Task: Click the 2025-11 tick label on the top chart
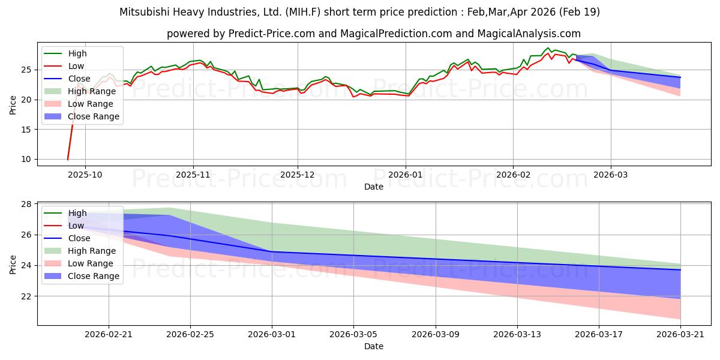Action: (x=193, y=175)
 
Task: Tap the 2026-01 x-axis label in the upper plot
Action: (x=406, y=175)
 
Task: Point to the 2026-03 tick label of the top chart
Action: (x=611, y=175)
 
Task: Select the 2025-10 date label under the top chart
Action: (x=85, y=175)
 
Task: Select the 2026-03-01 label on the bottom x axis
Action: (x=272, y=335)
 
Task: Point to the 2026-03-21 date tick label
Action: (x=680, y=335)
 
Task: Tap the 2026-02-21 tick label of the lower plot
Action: (x=109, y=335)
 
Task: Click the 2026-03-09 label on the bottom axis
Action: (x=436, y=335)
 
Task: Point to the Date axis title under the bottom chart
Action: (x=373, y=346)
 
